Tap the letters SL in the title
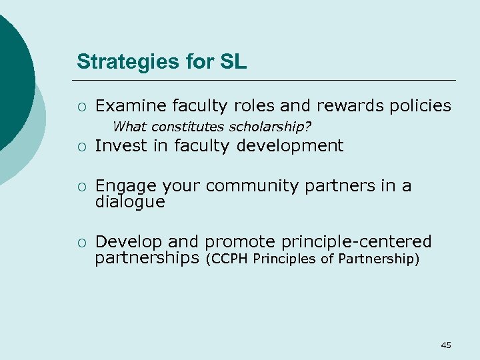(x=234, y=62)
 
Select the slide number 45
(x=446, y=345)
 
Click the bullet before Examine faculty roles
(x=80, y=106)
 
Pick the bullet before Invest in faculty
(x=80, y=146)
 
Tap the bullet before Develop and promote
(x=80, y=242)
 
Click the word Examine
(x=131, y=105)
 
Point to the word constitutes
(x=189, y=126)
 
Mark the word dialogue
(x=130, y=201)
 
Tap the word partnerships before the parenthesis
(x=147, y=257)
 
